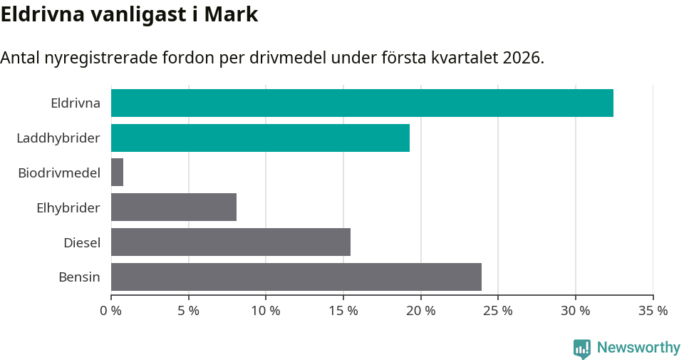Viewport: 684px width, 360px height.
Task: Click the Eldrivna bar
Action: coord(362,103)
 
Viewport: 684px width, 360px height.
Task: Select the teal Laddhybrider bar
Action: coord(260,138)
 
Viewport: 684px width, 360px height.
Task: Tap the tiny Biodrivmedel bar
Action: coord(117,173)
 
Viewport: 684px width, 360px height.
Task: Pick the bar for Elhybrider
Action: coord(174,207)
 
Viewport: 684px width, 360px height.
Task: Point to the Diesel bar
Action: coord(231,242)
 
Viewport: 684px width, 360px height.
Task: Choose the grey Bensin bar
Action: coord(296,277)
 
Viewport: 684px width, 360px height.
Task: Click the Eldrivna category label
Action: coord(76,103)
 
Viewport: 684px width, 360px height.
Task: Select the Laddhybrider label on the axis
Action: coord(58,138)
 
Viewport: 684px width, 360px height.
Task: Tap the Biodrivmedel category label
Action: coord(59,173)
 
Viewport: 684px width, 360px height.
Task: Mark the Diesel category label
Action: coord(82,242)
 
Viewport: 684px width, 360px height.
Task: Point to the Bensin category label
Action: coord(79,277)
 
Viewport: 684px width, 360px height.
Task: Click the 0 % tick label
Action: coord(110,311)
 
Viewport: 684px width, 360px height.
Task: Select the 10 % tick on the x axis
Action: coord(266,311)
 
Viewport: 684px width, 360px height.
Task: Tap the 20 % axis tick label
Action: coord(420,311)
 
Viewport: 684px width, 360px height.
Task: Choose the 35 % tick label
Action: coord(653,311)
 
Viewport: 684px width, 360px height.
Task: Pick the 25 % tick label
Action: coord(498,311)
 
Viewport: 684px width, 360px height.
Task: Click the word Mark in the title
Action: coord(231,15)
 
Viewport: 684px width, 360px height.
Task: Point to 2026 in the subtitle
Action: coord(522,58)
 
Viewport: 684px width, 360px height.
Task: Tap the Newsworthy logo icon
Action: coord(582,348)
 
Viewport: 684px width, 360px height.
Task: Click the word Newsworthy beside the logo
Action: coord(638,348)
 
